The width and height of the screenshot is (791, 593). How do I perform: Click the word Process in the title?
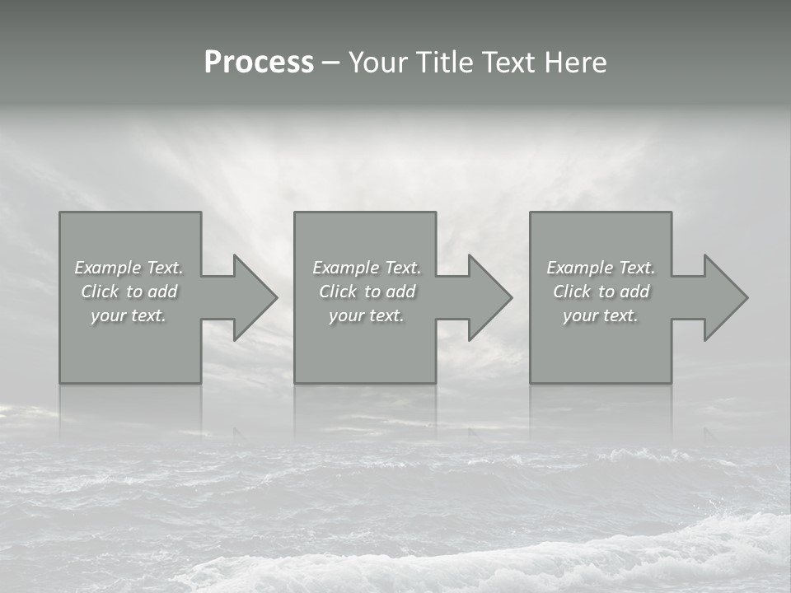(259, 63)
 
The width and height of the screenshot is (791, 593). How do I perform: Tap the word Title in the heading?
(445, 63)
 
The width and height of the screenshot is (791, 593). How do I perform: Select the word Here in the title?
(575, 63)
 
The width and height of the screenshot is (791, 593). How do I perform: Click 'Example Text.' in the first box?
(129, 268)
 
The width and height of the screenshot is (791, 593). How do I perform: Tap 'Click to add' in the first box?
(129, 292)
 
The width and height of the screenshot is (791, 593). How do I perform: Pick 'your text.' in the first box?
(129, 315)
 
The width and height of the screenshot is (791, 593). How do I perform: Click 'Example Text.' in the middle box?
(367, 268)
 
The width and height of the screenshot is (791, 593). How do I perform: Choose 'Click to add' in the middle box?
(367, 292)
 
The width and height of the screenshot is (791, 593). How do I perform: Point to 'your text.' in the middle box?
(367, 315)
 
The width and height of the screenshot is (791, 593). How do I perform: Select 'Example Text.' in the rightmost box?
(601, 268)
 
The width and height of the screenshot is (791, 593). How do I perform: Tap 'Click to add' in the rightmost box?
(601, 292)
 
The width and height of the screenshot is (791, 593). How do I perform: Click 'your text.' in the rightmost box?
(601, 315)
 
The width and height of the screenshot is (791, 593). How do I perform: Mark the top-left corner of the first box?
(60, 212)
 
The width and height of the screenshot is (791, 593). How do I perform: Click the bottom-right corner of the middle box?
(435, 382)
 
